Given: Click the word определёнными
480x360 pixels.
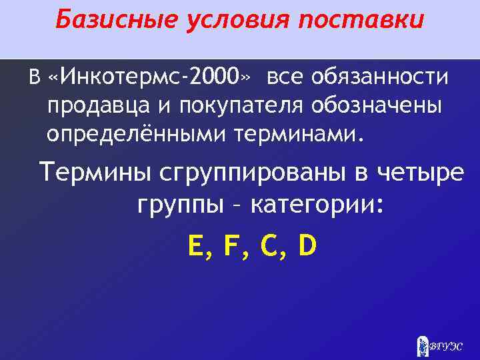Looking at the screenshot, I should coord(137,135).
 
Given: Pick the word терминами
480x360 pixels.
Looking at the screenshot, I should coord(301,135).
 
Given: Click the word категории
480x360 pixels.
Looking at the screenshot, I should coord(317,205).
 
